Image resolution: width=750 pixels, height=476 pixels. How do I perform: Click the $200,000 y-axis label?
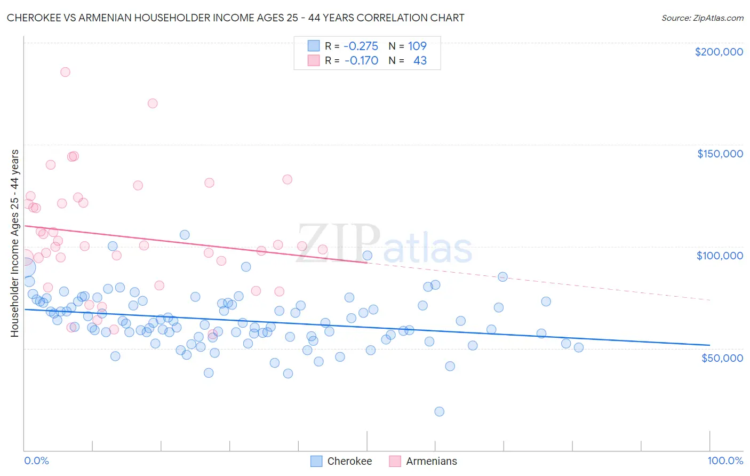pos(719,52)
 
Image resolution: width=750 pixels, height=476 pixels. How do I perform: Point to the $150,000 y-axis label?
pos(720,154)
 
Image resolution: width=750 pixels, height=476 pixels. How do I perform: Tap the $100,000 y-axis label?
pos(720,256)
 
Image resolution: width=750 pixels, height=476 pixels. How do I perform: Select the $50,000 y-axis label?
pos(722,358)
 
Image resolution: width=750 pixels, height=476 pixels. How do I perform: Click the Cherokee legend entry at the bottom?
pos(341,461)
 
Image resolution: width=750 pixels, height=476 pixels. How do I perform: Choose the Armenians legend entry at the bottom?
pos(423,461)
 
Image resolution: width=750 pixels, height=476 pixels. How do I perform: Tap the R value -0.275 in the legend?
pos(361,46)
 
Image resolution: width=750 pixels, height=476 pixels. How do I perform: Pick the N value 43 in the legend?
pos(420,61)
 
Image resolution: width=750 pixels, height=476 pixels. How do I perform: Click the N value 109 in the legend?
pos(417,46)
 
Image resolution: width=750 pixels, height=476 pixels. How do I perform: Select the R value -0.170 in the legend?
pos(361,61)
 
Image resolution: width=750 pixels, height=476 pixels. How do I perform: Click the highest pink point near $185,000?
pos(65,72)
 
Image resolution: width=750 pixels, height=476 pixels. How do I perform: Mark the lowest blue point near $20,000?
pos(439,411)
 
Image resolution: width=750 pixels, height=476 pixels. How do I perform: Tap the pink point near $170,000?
pos(153,104)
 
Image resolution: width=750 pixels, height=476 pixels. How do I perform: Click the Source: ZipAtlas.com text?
pos(702,18)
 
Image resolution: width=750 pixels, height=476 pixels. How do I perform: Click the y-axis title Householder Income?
pos(15,243)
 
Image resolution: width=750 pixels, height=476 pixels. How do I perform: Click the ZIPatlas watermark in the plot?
pos(384,245)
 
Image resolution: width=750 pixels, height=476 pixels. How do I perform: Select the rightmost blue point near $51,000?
pos(579,347)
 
